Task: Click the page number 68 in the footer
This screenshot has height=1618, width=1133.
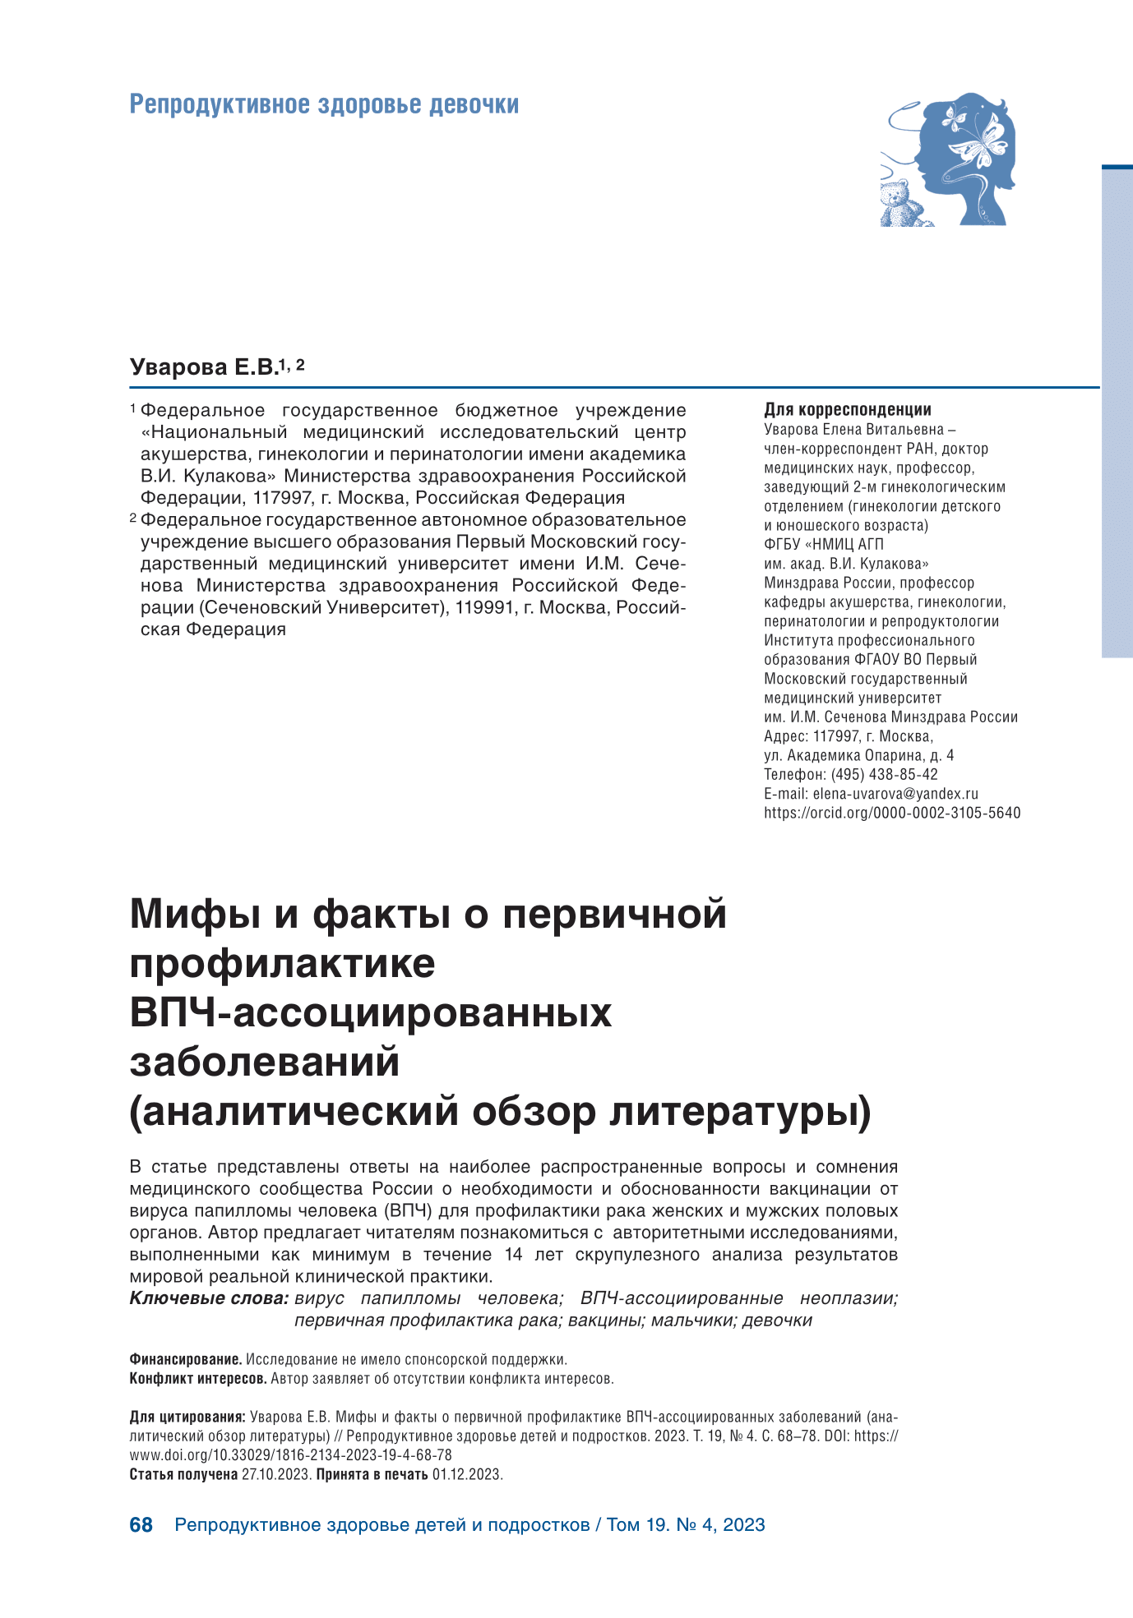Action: coord(141,1525)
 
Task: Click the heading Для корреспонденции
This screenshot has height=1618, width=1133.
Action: coord(848,409)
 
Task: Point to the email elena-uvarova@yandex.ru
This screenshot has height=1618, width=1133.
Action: coord(895,794)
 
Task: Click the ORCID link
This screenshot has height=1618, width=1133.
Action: coord(892,813)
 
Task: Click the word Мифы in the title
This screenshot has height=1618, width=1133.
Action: coord(196,915)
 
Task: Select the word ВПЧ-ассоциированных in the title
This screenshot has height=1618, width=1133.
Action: coord(371,1012)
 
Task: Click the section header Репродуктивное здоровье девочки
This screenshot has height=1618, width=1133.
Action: coord(324,105)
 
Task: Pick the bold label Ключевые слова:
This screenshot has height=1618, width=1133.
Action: coord(209,1298)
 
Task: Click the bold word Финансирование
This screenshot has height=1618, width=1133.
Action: coord(186,1359)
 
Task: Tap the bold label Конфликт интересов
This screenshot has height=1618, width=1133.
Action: coord(198,1378)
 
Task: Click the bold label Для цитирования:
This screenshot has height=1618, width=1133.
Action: coord(187,1417)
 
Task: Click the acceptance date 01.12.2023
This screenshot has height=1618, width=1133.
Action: coord(466,1474)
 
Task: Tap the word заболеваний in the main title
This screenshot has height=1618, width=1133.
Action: coord(265,1062)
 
